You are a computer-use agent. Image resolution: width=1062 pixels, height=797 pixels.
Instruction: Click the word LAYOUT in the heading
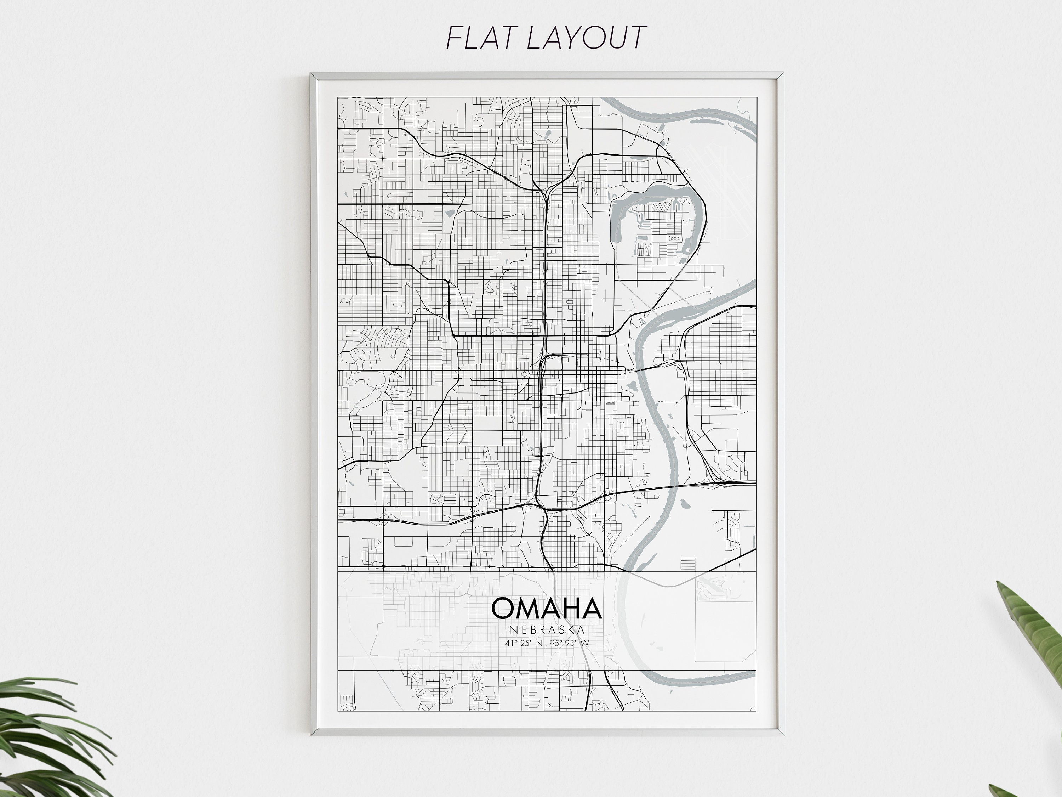pyautogui.click(x=587, y=38)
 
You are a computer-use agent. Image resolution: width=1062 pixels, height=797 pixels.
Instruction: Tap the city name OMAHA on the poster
pyautogui.click(x=546, y=609)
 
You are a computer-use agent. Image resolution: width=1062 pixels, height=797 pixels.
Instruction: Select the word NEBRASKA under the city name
pyautogui.click(x=547, y=630)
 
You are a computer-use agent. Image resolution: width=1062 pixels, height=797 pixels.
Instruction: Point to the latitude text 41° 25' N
pyautogui.click(x=524, y=643)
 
